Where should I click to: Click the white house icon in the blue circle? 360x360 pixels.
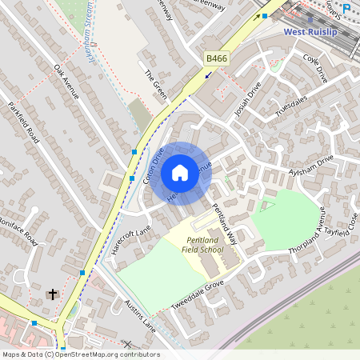click(180, 173)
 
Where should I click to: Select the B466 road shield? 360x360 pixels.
click(216, 58)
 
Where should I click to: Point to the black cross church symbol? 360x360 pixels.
click(54, 294)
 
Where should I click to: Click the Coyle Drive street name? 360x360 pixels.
click(315, 69)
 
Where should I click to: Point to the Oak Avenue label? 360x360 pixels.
click(68, 83)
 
